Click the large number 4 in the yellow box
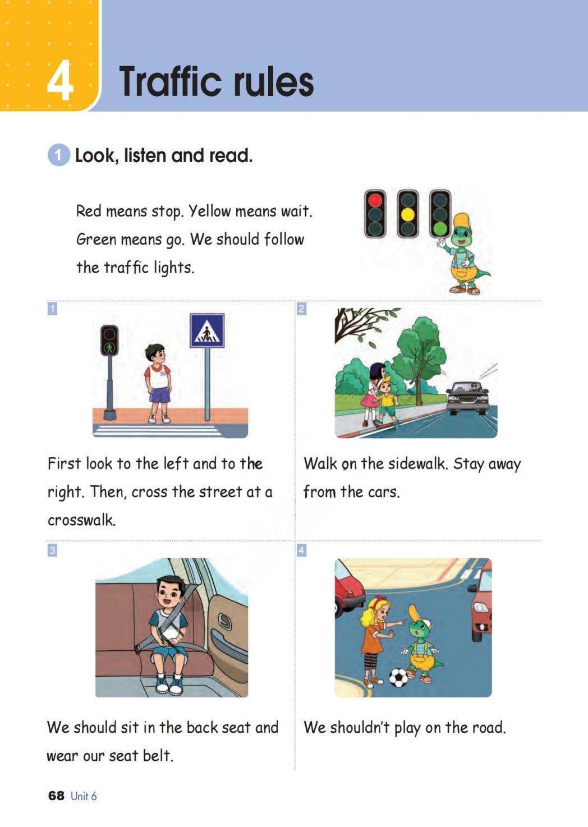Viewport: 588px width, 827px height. (x=60, y=80)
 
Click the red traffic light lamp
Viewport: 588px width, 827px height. (x=375, y=200)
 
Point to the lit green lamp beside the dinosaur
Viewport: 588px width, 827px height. (x=440, y=228)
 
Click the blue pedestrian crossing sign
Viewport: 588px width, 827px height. (x=207, y=330)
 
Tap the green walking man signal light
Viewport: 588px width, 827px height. (x=109, y=347)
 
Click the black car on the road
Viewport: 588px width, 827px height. (x=467, y=398)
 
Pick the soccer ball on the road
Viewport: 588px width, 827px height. (x=399, y=677)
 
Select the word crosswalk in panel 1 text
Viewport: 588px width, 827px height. (x=81, y=520)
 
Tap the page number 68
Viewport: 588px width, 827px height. (x=56, y=796)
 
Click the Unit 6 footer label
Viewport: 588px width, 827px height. (x=84, y=796)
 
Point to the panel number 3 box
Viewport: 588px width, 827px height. (x=52, y=550)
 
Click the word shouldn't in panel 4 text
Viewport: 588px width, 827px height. (x=360, y=728)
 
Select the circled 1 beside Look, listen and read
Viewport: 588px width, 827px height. (x=58, y=155)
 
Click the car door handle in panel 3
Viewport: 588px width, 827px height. (x=224, y=621)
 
